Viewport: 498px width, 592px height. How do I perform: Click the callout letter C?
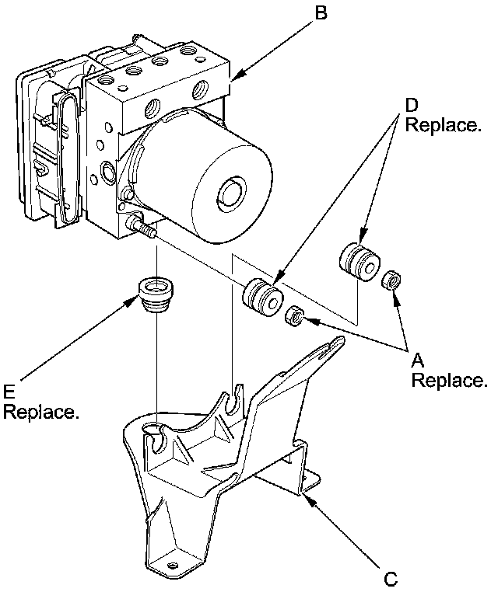(x=391, y=578)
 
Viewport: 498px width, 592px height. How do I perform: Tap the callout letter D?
(x=412, y=105)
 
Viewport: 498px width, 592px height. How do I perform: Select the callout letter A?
(x=417, y=360)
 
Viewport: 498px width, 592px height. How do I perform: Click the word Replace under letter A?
(x=449, y=381)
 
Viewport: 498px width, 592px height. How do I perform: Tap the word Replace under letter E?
(x=40, y=412)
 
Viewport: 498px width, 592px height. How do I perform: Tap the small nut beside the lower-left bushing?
(x=294, y=316)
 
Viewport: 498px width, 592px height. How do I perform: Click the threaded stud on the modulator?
(x=146, y=230)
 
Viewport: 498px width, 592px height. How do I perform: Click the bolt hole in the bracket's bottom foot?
(x=171, y=564)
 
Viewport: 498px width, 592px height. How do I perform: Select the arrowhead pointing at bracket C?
(x=308, y=498)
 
